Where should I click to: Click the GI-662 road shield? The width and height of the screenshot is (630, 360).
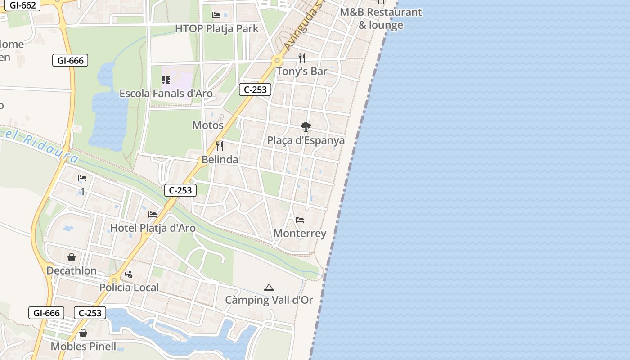22,5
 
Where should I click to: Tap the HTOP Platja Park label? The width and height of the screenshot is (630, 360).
216,29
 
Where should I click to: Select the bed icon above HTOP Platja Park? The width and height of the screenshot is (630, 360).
216,15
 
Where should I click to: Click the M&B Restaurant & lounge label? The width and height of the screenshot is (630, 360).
381,18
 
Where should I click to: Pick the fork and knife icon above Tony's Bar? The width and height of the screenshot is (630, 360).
302,58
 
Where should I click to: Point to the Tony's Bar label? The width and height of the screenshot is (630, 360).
301,71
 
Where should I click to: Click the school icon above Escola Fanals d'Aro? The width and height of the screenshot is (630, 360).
166,80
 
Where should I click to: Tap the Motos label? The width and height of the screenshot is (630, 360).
208,125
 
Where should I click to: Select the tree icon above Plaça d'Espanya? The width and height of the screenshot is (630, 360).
306,127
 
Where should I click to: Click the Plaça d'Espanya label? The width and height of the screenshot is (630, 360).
306,140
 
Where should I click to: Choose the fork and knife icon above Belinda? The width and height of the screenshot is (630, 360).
220,146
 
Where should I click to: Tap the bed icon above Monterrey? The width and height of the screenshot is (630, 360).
300,220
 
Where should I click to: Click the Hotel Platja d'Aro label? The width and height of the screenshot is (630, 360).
153,228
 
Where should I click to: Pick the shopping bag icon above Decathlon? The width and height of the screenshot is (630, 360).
72,257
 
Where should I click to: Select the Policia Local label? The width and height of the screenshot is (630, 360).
129,288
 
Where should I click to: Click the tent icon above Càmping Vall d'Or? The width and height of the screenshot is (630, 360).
269,287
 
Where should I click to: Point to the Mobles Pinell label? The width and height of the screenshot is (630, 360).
83,346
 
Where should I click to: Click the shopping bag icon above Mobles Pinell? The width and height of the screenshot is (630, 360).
83,333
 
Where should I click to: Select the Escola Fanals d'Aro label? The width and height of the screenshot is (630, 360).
166,94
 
